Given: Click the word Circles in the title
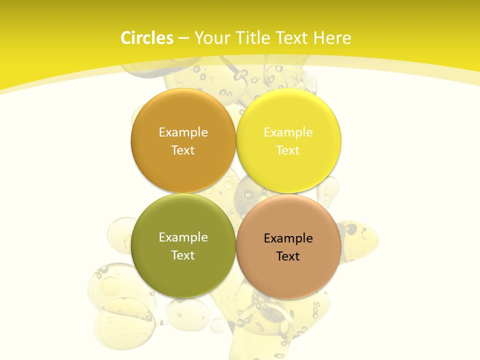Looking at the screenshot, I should click(146, 38).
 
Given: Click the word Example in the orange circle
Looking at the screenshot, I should click(183, 132).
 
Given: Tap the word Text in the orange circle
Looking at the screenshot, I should click(183, 150).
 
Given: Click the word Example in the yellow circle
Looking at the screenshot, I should click(288, 132).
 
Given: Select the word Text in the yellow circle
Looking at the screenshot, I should click(288, 150).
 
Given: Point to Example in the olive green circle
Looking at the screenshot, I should click(183, 237).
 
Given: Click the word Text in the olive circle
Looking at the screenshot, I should click(183, 255).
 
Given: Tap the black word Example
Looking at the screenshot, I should click(288, 238).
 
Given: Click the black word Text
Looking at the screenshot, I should click(288, 256).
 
